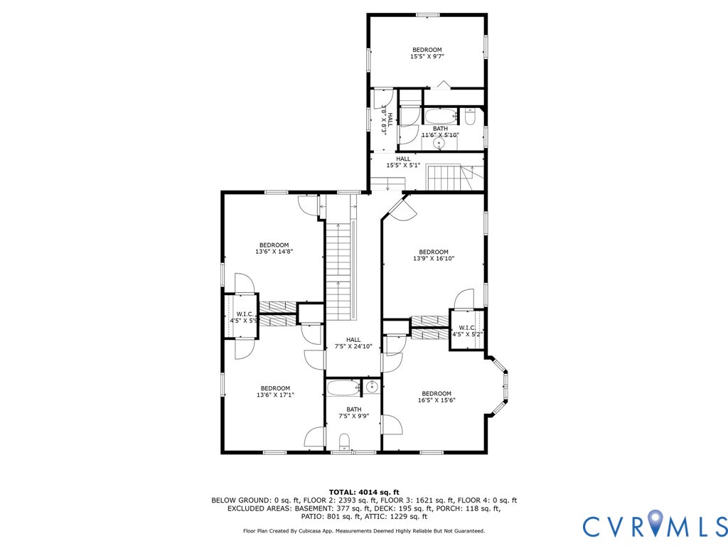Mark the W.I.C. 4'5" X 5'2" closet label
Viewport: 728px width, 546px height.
[466, 331]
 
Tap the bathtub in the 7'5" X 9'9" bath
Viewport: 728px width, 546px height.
[345, 388]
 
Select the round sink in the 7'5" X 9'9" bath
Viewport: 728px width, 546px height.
[372, 387]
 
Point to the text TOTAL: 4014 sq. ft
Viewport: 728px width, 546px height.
[364, 492]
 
